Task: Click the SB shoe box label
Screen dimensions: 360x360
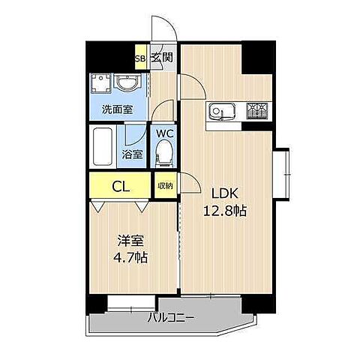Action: click(139, 57)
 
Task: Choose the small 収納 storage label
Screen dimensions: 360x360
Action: click(165, 184)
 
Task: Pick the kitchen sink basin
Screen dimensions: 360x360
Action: click(220, 111)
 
